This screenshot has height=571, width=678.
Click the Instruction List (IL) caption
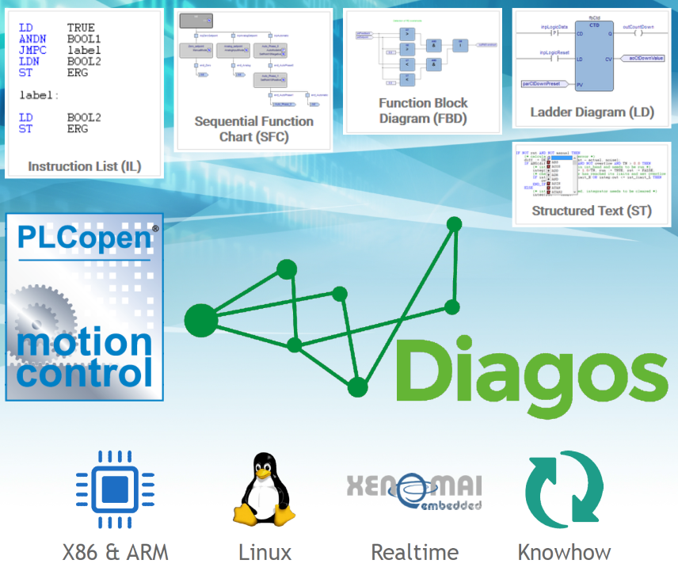pyautogui.click(x=83, y=166)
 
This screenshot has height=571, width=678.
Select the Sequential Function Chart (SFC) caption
pyautogui.click(x=253, y=129)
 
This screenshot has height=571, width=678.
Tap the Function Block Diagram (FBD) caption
pyautogui.click(x=423, y=111)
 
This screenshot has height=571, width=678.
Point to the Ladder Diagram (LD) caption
pyautogui.click(x=592, y=112)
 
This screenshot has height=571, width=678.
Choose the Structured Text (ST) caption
pyautogui.click(x=592, y=211)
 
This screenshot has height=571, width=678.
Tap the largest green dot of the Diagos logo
pyautogui.click(x=200, y=320)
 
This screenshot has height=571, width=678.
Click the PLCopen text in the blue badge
pyautogui.click(x=82, y=238)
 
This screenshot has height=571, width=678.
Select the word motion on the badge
pyautogui.click(x=84, y=342)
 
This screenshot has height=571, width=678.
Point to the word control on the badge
pyautogui.click(x=84, y=371)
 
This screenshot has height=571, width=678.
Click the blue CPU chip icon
pyautogui.click(x=114, y=489)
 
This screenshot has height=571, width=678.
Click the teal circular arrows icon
pyautogui.click(x=564, y=489)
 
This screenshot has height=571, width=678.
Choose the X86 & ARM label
pyautogui.click(x=116, y=552)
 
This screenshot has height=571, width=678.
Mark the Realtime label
pyautogui.click(x=414, y=552)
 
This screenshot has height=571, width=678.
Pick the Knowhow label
pyautogui.click(x=564, y=552)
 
